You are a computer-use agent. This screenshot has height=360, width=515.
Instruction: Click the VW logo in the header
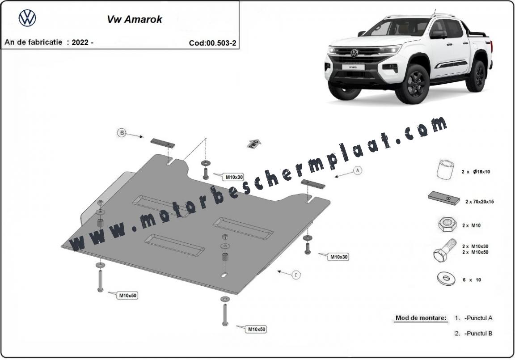(x=27, y=18)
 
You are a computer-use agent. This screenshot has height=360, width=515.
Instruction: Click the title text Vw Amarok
(x=134, y=19)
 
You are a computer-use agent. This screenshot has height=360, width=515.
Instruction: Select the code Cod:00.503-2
(x=212, y=43)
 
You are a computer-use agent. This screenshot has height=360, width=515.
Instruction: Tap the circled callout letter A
(x=358, y=170)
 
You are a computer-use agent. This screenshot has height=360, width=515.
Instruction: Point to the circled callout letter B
(x=122, y=133)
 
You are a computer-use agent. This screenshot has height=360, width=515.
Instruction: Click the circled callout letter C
(x=296, y=275)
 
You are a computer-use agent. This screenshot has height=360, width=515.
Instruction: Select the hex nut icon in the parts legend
(x=447, y=224)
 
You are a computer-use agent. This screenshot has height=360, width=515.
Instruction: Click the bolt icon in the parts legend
(x=444, y=250)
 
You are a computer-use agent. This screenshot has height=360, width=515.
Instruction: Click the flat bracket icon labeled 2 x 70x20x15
(x=444, y=199)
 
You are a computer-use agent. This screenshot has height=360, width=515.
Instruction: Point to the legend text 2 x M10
(x=471, y=225)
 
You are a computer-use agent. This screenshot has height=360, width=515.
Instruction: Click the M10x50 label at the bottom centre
(x=257, y=329)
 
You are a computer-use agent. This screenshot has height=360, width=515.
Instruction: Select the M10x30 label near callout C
(x=338, y=257)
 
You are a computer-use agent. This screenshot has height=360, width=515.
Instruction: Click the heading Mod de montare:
(x=421, y=318)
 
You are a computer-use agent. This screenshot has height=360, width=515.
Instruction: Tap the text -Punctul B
(x=478, y=333)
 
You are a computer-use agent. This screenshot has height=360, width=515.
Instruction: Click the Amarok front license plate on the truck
(x=353, y=67)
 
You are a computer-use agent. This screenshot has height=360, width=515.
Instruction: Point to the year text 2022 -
(x=82, y=42)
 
